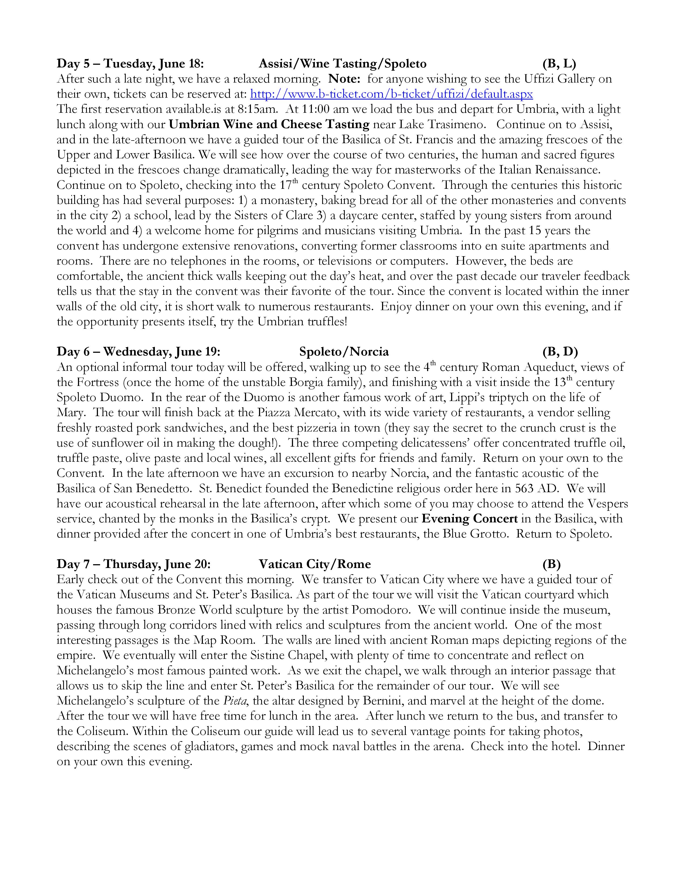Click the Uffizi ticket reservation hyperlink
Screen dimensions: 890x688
[x=391, y=94]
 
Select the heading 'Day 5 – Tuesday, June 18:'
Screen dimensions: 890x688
[x=130, y=64]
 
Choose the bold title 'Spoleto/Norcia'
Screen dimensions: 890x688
[x=343, y=352]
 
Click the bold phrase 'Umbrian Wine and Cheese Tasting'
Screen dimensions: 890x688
[x=269, y=124]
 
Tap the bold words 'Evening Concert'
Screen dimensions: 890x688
[x=469, y=519]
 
